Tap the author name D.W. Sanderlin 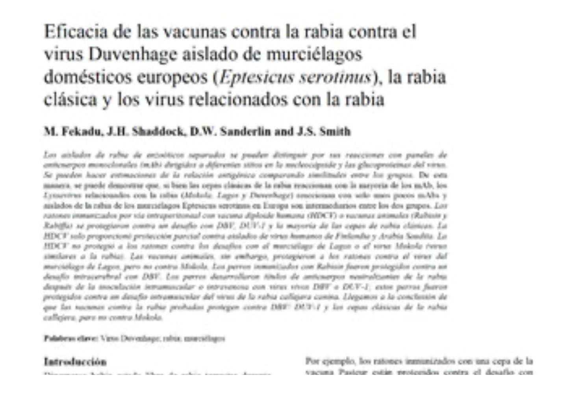point(230,132)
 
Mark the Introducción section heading point(75,362)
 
